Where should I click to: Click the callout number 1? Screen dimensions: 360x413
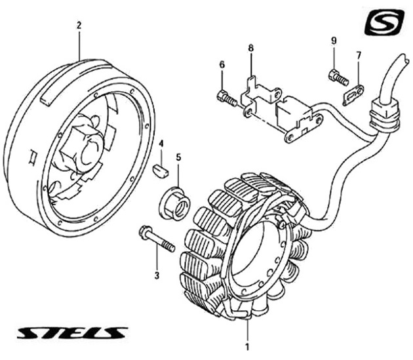click(x=246, y=346)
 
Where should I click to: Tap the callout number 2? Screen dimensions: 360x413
click(x=79, y=26)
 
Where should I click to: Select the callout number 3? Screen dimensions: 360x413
click(x=157, y=275)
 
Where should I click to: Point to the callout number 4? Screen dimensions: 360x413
click(x=161, y=144)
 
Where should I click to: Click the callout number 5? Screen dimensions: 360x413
click(x=178, y=157)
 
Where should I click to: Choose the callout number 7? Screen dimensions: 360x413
click(x=359, y=56)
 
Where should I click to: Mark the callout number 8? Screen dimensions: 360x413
click(x=250, y=49)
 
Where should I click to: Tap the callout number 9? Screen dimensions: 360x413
click(x=333, y=41)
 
